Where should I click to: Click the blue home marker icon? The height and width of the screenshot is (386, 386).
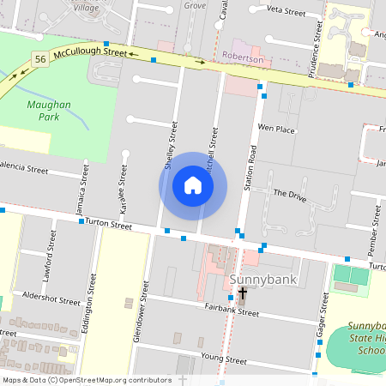(x=193, y=186)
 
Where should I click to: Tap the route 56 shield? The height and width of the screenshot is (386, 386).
(x=40, y=58)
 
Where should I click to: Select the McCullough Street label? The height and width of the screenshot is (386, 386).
(x=89, y=52)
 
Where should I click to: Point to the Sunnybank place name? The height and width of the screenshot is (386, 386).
(x=257, y=280)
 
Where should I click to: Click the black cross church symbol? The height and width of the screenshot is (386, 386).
(x=243, y=294)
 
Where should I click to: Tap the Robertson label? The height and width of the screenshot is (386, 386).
(x=243, y=60)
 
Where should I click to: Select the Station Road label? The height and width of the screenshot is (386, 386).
(x=251, y=166)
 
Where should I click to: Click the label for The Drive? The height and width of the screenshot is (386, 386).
(x=289, y=194)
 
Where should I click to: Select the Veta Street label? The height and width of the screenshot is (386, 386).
(x=286, y=13)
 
